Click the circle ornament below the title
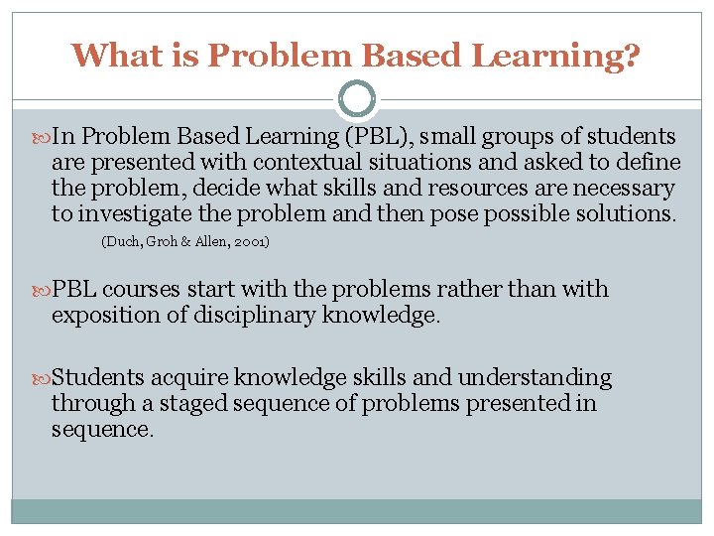click(357, 100)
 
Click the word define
click(650, 162)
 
